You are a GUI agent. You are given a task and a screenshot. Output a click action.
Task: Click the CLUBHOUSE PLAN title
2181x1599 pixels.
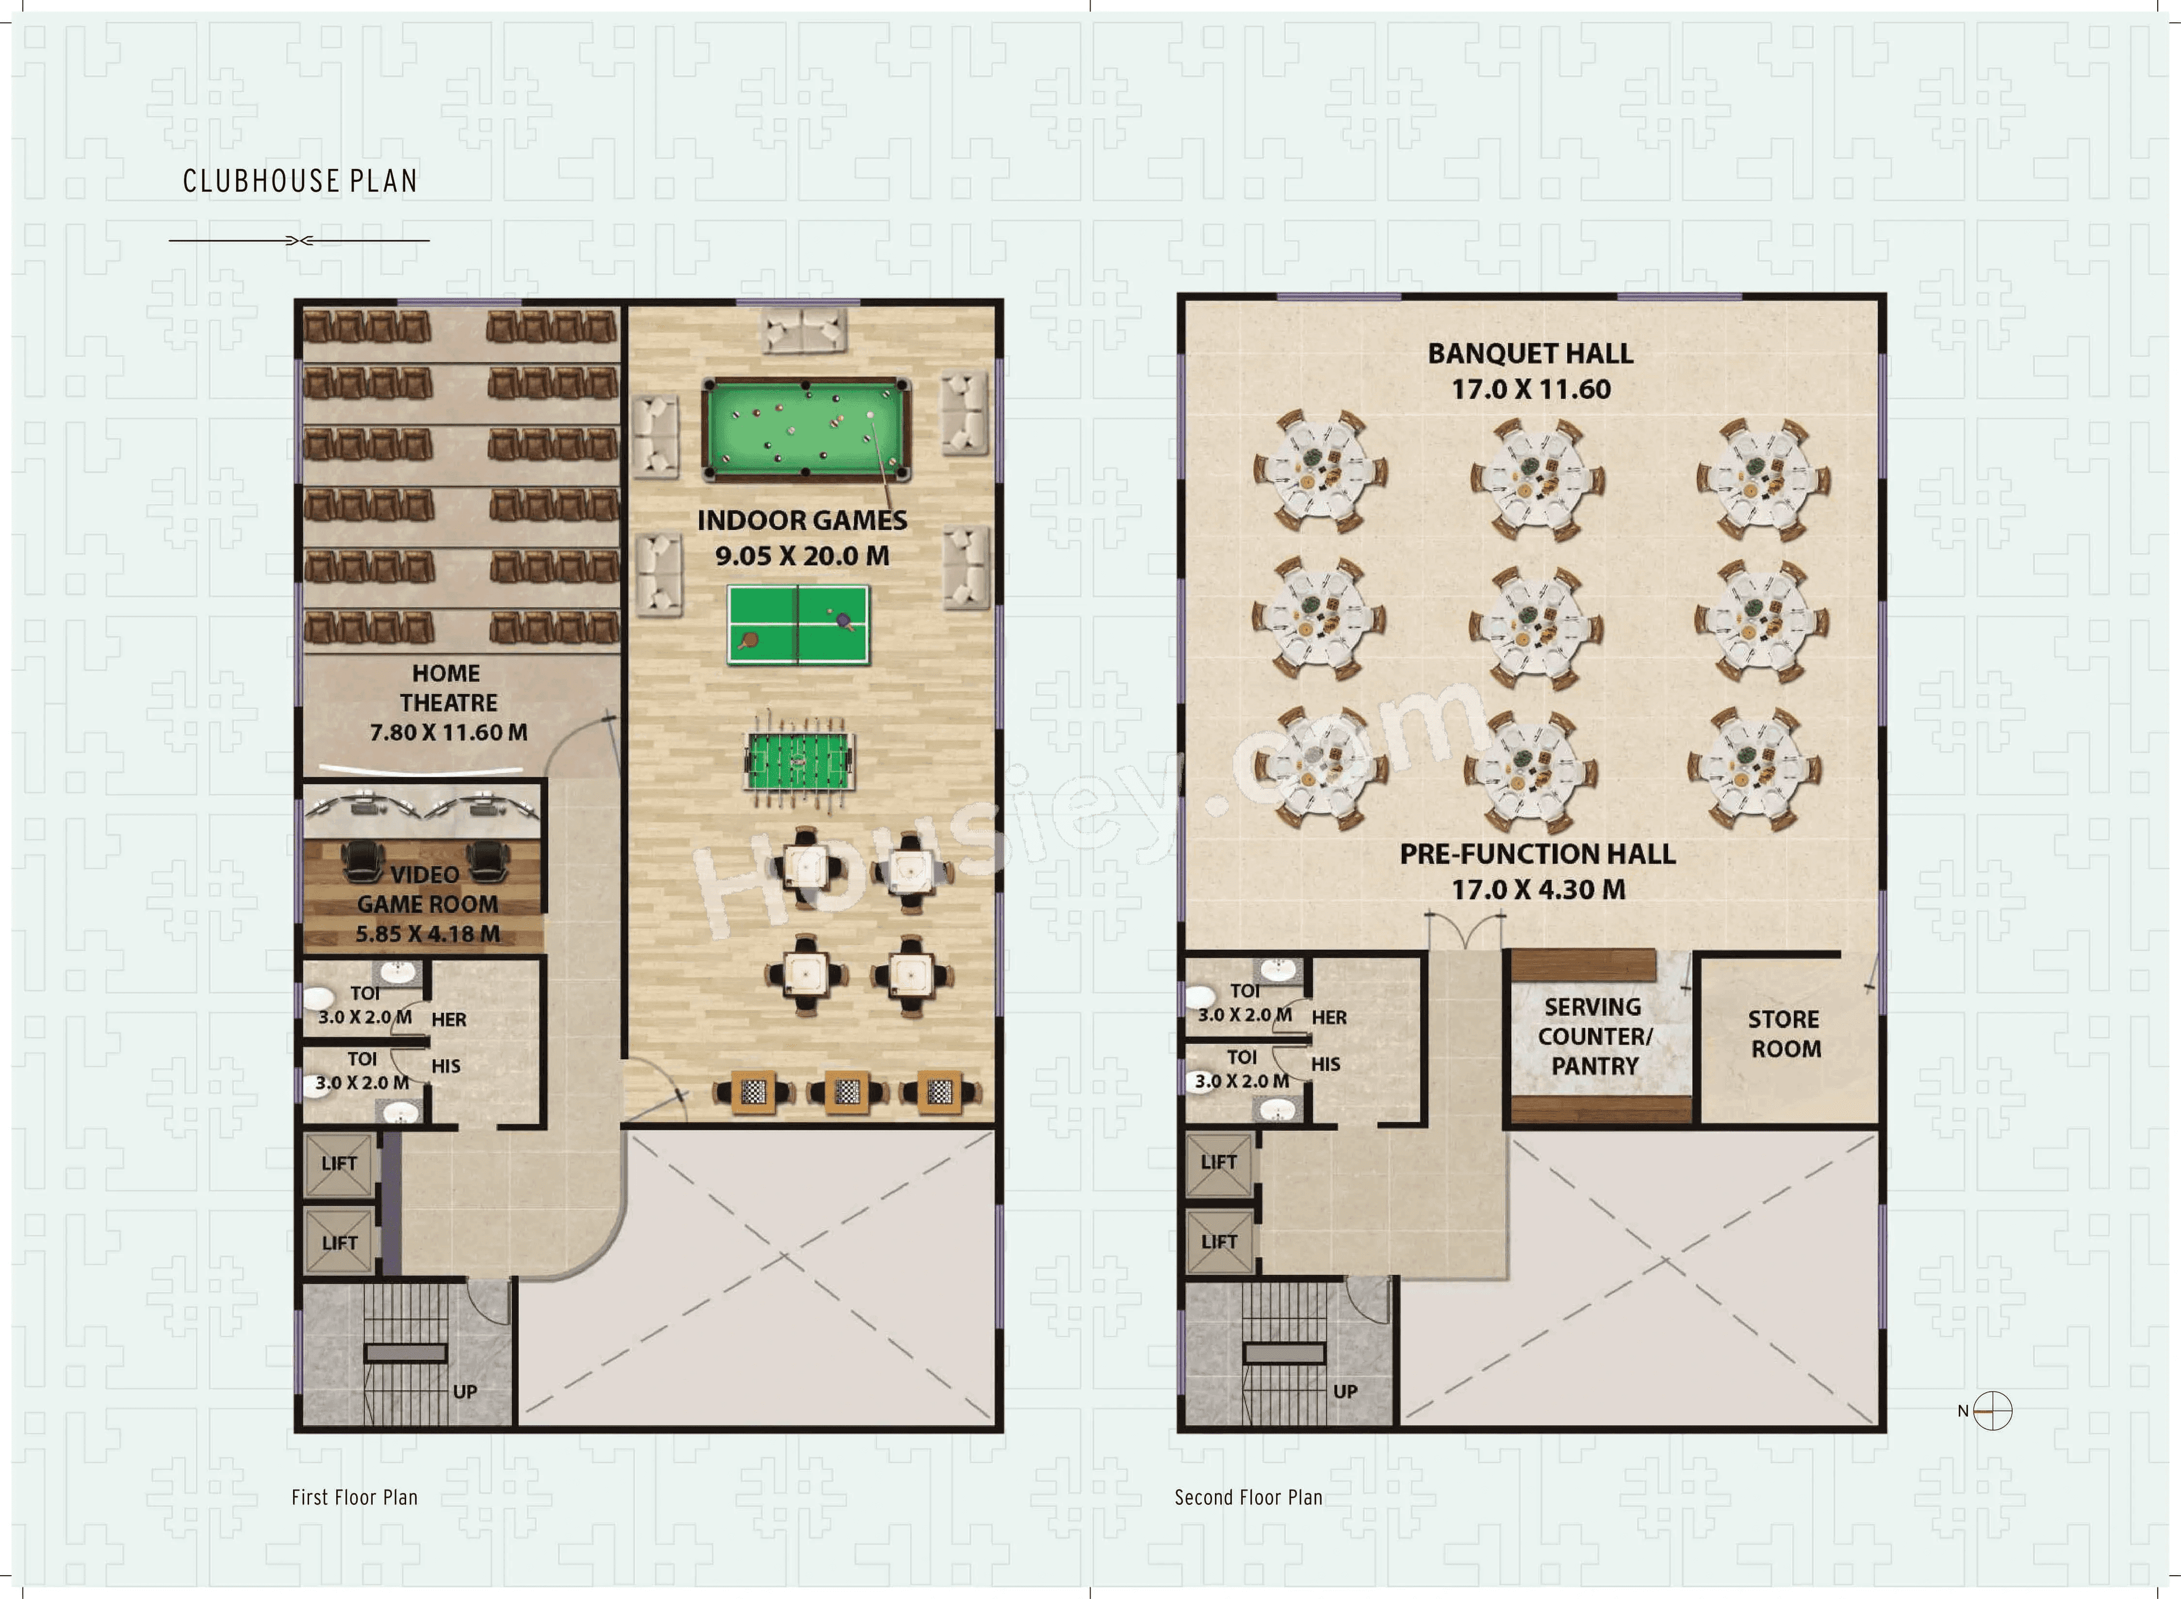point(300,181)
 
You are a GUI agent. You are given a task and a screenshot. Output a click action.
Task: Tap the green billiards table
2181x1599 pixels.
point(805,429)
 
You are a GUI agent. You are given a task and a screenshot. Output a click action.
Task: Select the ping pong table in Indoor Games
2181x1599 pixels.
point(799,624)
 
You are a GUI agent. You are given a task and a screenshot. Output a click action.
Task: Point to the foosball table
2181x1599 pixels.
point(799,761)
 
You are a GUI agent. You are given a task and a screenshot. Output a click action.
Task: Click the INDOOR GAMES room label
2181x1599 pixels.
point(802,521)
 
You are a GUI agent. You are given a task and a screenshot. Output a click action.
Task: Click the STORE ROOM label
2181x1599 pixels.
point(1785,1034)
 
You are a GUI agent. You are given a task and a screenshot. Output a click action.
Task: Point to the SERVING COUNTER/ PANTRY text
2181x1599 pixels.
point(1595,1037)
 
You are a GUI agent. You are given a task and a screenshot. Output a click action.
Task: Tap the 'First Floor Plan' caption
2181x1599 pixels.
point(354,1497)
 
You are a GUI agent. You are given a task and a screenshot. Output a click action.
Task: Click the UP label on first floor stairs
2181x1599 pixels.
point(465,1391)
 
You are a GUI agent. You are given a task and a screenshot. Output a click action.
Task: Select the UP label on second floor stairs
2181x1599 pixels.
point(1345,1391)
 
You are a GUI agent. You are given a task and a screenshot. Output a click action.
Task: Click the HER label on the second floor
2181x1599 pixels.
point(1328,1017)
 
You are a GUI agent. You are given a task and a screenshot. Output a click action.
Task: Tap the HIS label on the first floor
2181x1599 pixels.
point(446,1066)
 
